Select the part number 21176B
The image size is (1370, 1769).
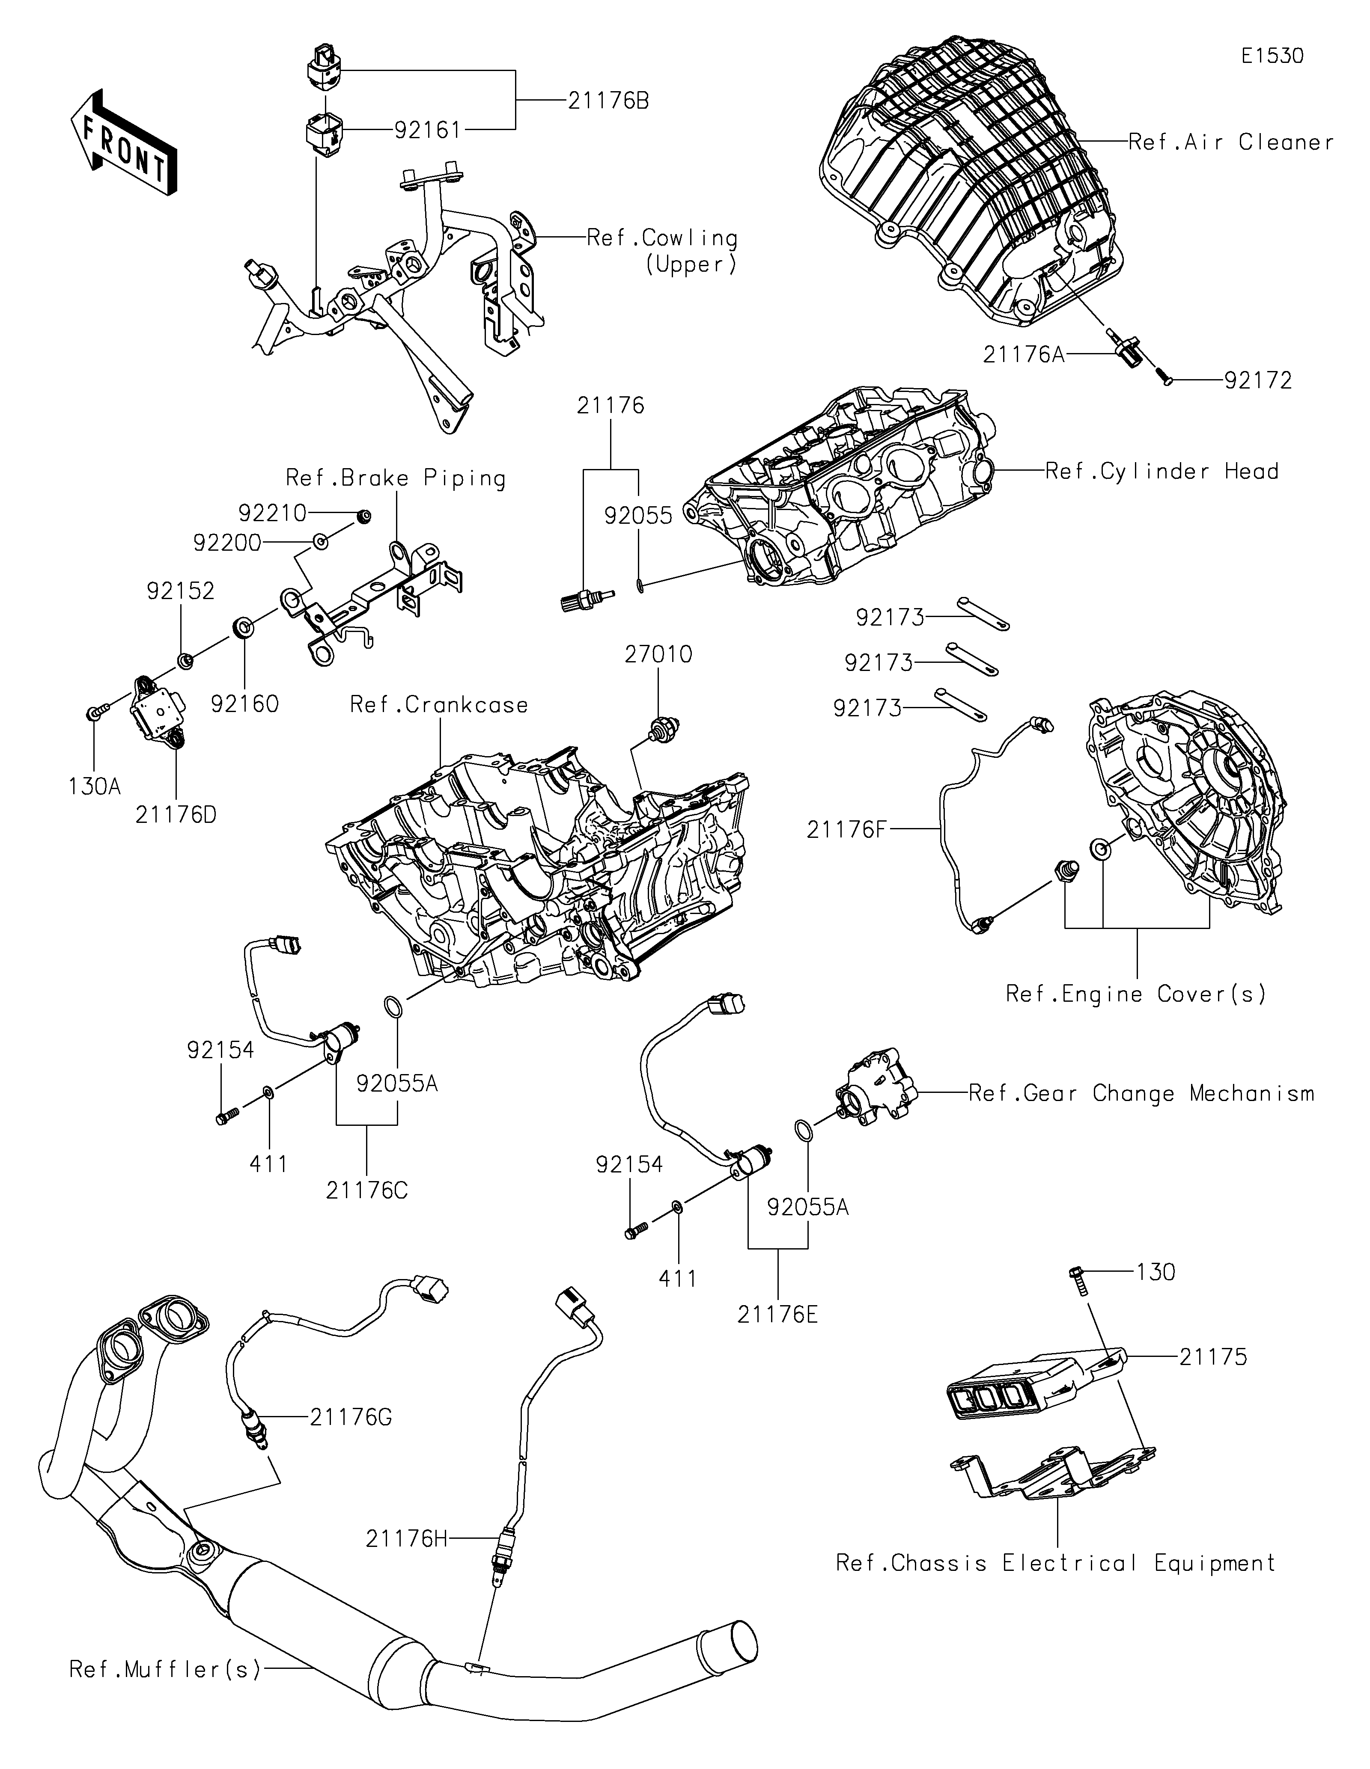pos(608,101)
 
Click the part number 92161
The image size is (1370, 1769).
pos(428,130)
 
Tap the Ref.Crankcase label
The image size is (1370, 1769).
pos(439,705)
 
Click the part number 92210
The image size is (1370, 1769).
pos(272,513)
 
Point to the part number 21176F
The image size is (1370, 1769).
pos(847,828)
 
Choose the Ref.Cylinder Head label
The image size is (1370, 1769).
pos(1162,472)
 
